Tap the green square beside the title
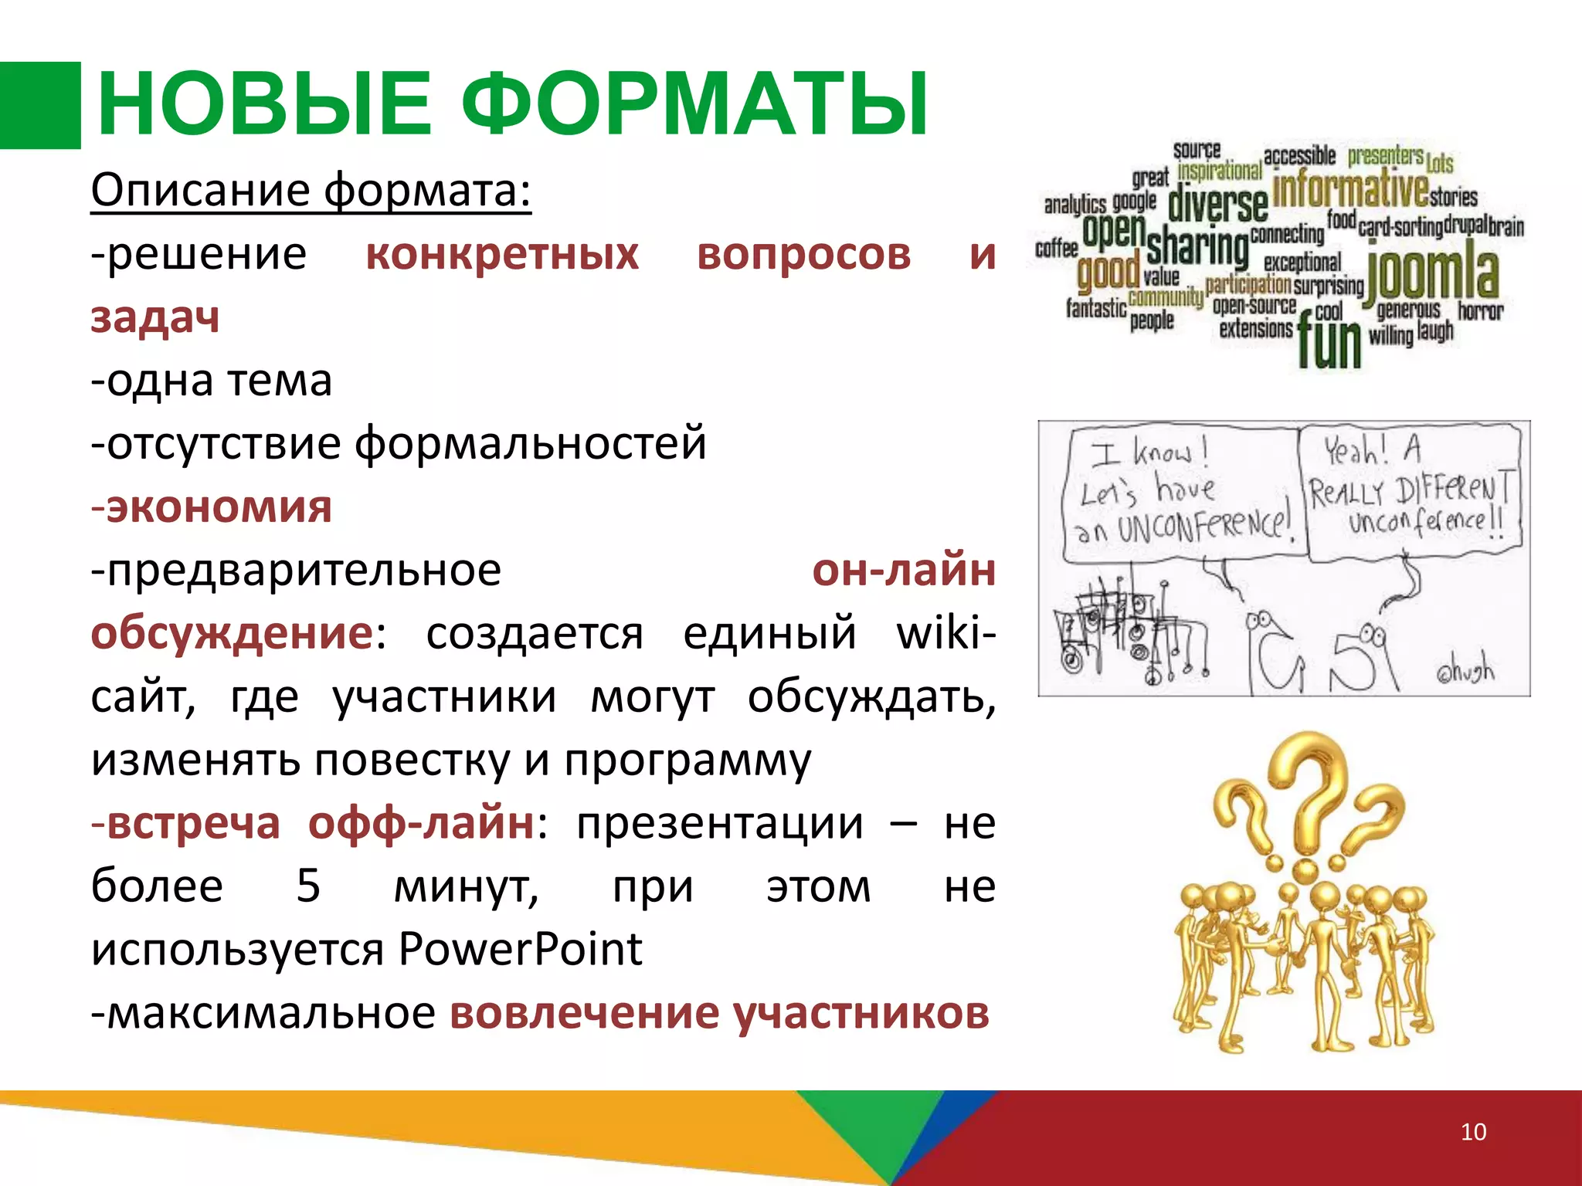click(x=40, y=105)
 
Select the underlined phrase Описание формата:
click(x=311, y=190)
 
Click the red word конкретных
click(x=502, y=255)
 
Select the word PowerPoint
click(x=521, y=950)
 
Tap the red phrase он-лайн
click(x=903, y=571)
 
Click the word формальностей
click(x=530, y=445)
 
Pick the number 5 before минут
click(x=308, y=886)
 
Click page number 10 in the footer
click(x=1473, y=1132)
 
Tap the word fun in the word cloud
click(x=1329, y=343)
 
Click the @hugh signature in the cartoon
click(x=1465, y=670)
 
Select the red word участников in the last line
click(x=861, y=1013)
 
